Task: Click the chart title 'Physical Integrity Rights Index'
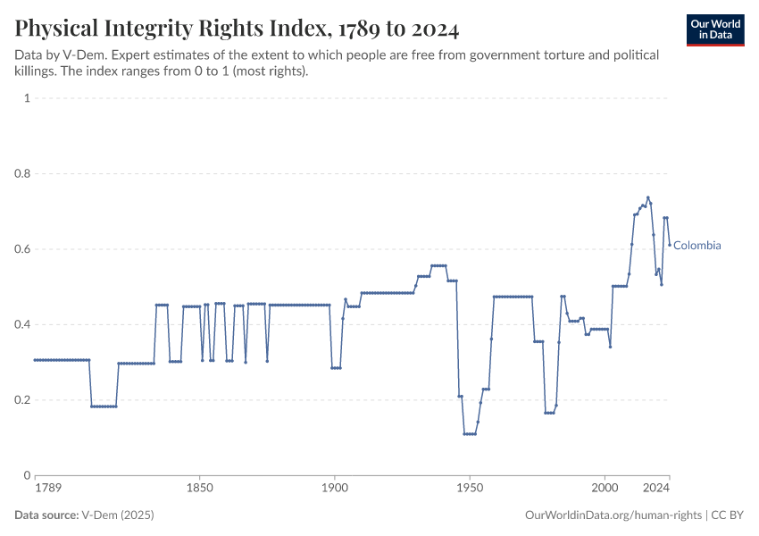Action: click(x=237, y=29)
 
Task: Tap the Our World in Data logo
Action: click(x=715, y=29)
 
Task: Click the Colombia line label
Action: click(x=697, y=246)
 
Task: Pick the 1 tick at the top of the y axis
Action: click(x=27, y=98)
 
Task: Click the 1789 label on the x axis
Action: click(x=47, y=489)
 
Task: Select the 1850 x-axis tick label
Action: click(x=199, y=489)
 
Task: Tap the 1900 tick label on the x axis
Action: click(x=334, y=489)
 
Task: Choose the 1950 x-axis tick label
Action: click(x=470, y=489)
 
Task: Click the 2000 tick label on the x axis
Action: click(x=605, y=489)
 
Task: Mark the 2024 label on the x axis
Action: click(x=657, y=489)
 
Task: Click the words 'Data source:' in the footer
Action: click(x=46, y=515)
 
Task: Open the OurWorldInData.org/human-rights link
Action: click(x=613, y=515)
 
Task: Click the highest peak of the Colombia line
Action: click(x=648, y=197)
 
